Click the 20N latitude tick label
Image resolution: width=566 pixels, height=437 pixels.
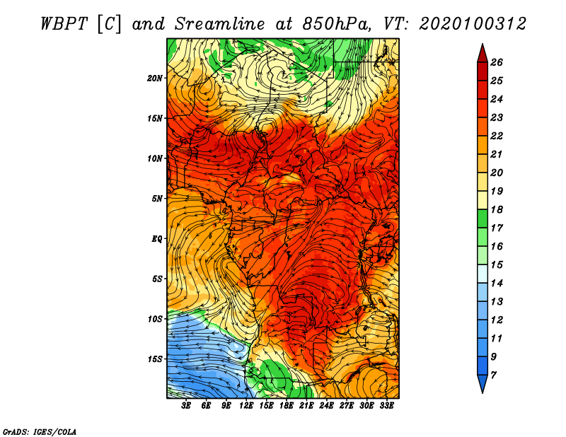coord(155,78)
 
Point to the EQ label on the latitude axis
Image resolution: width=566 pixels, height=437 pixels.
coord(157,239)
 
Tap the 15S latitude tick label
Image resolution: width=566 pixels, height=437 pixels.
coord(155,359)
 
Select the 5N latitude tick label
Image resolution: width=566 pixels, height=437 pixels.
coord(157,199)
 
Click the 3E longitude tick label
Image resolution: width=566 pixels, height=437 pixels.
coord(186,406)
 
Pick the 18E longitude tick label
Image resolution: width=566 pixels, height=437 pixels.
coord(287,406)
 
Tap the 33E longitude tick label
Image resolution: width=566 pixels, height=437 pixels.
coord(386,406)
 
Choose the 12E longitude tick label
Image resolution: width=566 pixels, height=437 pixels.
coord(246,406)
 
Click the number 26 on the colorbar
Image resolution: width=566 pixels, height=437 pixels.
coord(497,62)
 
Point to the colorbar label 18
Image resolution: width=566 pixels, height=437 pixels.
coord(497,209)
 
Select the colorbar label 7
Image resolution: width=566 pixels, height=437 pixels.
coord(493,375)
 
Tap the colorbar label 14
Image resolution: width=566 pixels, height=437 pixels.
coord(497,284)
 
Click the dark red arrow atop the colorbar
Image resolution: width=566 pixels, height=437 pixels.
coord(483,54)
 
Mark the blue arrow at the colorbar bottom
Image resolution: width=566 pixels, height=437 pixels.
coord(483,383)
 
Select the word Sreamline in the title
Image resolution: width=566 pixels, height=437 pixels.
coord(220,24)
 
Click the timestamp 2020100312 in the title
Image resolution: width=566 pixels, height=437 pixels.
coord(473,24)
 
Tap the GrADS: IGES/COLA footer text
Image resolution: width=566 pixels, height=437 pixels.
coord(40,432)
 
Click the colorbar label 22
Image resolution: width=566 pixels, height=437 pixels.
coord(497,136)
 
